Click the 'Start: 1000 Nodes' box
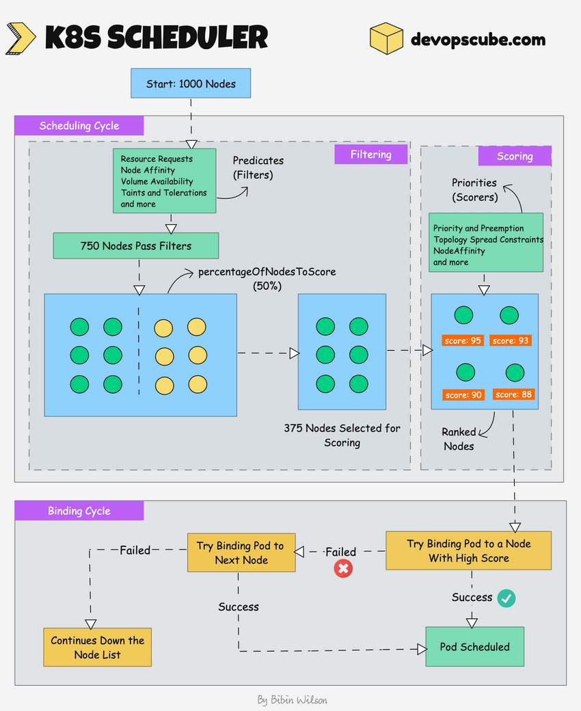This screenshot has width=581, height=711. pyautogui.click(x=191, y=84)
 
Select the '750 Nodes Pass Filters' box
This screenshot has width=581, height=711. pyautogui.click(x=135, y=245)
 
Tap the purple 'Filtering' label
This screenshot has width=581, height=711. pyautogui.click(x=370, y=155)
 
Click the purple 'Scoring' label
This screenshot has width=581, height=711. pyautogui.click(x=514, y=157)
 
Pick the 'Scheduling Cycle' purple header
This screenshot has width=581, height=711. pyautogui.click(x=79, y=126)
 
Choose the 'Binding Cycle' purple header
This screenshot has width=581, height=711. pyautogui.click(x=79, y=511)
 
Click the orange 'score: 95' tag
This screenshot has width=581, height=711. pyautogui.click(x=463, y=340)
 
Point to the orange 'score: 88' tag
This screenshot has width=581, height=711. pyautogui.click(x=513, y=394)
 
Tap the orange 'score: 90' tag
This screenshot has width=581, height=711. pyautogui.click(x=463, y=394)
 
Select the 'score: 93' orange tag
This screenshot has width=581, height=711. pyautogui.click(x=510, y=340)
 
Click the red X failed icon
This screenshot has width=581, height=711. pyautogui.click(x=343, y=568)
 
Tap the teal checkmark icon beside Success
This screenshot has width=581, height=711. pyautogui.click(x=506, y=598)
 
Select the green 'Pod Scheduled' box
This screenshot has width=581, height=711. pyautogui.click(x=474, y=647)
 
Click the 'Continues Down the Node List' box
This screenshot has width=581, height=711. pyautogui.click(x=97, y=647)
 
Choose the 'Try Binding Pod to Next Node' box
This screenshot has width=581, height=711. pyautogui.click(x=241, y=552)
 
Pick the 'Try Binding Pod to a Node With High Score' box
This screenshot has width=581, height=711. pyautogui.click(x=468, y=550)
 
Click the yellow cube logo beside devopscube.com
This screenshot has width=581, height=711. pyautogui.click(x=386, y=38)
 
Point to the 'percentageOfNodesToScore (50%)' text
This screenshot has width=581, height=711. pyautogui.click(x=267, y=278)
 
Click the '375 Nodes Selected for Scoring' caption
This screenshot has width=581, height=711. pyautogui.click(x=342, y=435)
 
